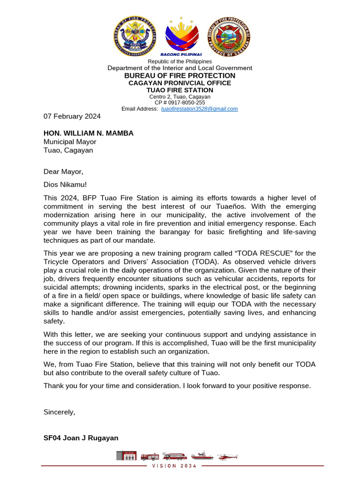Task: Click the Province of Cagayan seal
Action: coord(229,37)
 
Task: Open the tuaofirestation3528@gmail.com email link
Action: coord(199,109)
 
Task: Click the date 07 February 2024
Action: coord(72,116)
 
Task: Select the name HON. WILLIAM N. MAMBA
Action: coord(89,133)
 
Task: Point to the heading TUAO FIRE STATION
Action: coord(180,90)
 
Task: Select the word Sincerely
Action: coord(59,412)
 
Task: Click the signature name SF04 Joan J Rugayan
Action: coord(81,438)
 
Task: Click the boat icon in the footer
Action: coord(202,456)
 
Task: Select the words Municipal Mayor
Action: coord(70,142)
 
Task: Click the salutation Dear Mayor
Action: coord(63,172)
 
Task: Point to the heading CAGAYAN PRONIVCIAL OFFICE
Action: coord(180,83)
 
